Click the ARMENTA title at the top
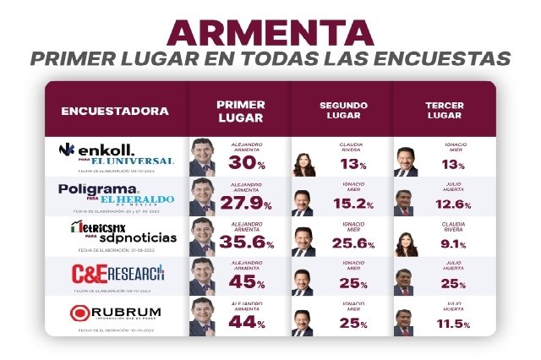[x=270, y=32]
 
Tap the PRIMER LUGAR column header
[x=240, y=111]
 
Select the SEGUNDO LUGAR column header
[x=342, y=111]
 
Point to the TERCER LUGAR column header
[x=443, y=111]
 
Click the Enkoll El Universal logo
[x=116, y=154]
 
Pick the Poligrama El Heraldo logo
[x=116, y=194]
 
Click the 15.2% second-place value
[x=348, y=204]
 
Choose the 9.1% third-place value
[x=452, y=244]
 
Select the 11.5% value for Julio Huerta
[x=452, y=324]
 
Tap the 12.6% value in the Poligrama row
[x=452, y=204]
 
